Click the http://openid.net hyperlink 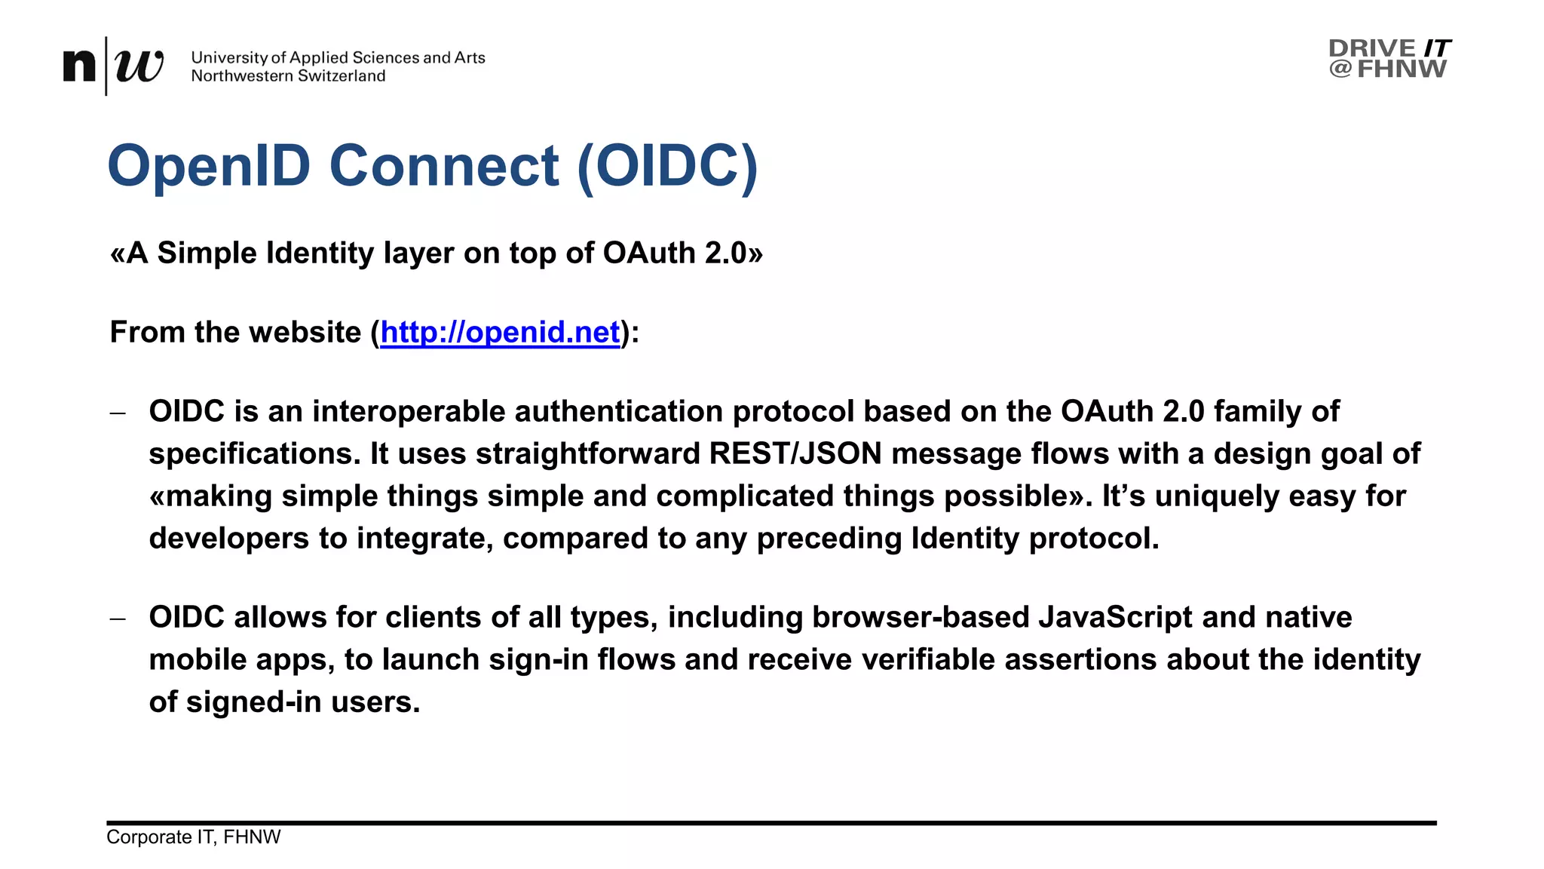[x=500, y=333]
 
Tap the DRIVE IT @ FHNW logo [x=1389, y=58]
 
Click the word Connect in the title [x=444, y=166]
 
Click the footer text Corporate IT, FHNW [x=193, y=837]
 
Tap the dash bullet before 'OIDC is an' [x=117, y=413]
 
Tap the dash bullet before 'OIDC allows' [x=117, y=619]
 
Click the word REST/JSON [x=795, y=454]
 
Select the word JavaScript [x=1115, y=618]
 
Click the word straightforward [x=588, y=454]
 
